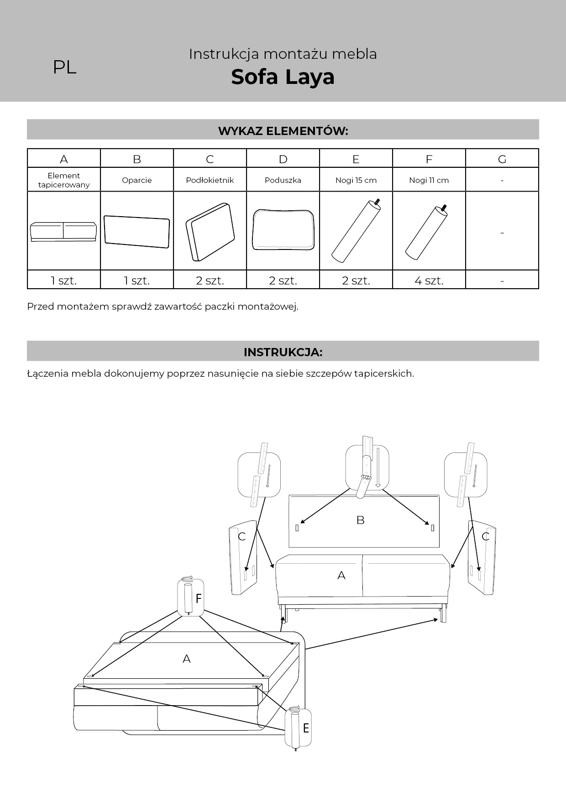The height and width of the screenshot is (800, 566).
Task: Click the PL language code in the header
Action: tap(64, 68)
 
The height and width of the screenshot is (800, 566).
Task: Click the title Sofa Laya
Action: tap(283, 77)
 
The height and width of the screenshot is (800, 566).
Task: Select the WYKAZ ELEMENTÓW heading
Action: tap(283, 131)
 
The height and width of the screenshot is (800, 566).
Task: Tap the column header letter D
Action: tap(283, 159)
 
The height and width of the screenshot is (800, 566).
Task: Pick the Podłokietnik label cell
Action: tap(210, 180)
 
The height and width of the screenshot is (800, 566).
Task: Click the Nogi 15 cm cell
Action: tap(356, 180)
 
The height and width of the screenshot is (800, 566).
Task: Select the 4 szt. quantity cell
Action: tap(429, 281)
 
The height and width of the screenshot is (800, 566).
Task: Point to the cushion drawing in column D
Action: tap(283, 230)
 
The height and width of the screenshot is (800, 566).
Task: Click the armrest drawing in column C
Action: tap(210, 232)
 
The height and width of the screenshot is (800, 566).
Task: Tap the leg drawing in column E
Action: tap(356, 231)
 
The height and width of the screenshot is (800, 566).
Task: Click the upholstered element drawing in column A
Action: tap(63, 232)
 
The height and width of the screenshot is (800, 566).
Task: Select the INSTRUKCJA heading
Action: tap(283, 352)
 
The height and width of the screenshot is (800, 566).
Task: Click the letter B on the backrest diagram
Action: tap(360, 520)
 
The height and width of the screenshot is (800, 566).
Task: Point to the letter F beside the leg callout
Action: tap(199, 598)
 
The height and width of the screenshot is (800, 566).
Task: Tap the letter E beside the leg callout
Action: tap(306, 728)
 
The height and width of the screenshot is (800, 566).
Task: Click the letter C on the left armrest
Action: tap(242, 536)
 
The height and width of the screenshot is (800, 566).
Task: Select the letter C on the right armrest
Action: tap(486, 536)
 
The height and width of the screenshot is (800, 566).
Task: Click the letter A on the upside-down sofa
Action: tap(186, 659)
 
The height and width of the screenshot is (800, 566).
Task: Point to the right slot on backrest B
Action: tap(432, 528)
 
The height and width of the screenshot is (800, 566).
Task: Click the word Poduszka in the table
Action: tap(283, 180)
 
